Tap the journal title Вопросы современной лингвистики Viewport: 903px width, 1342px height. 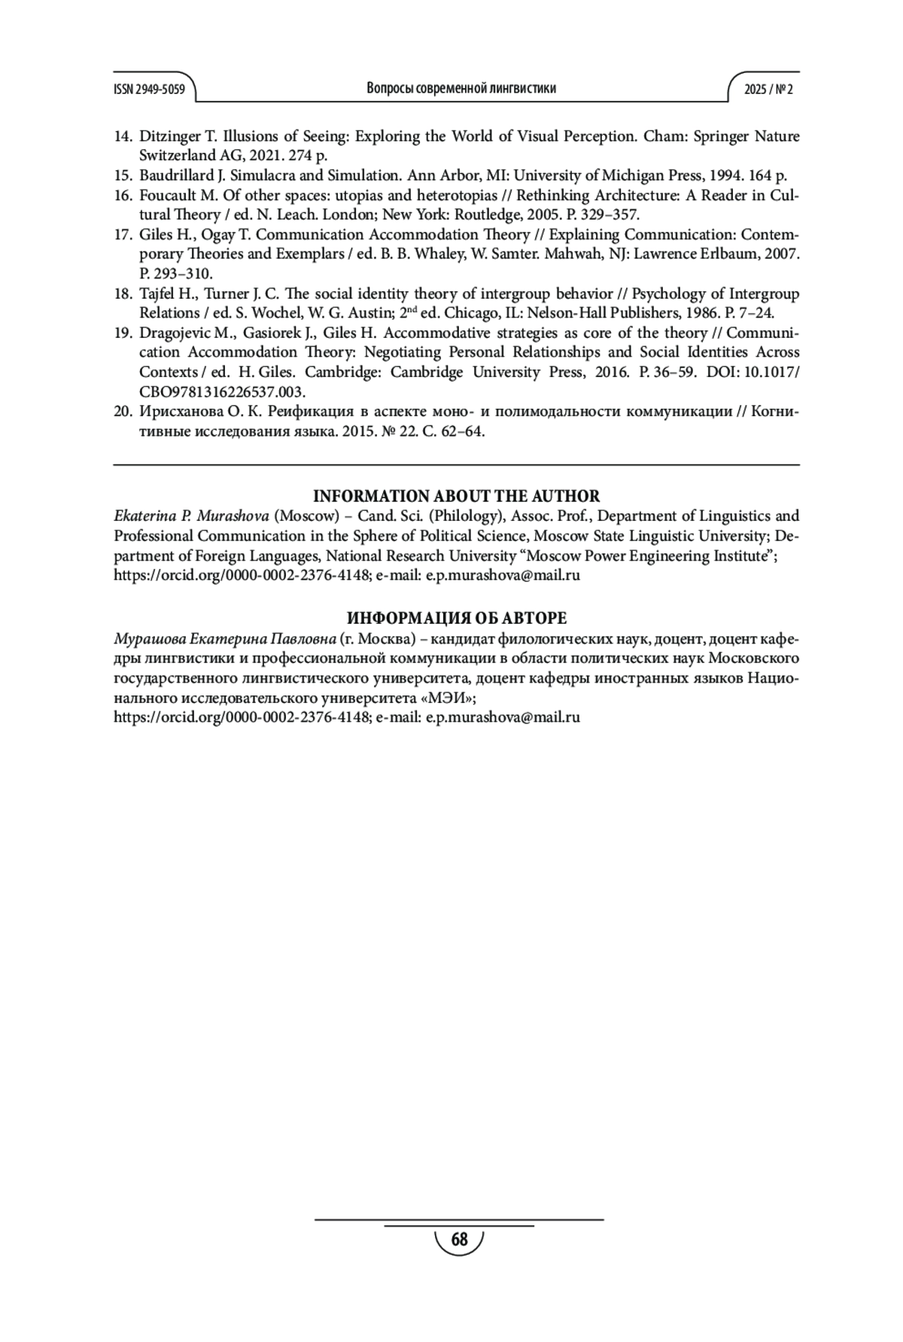coord(461,88)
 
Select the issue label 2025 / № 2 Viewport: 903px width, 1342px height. coord(768,89)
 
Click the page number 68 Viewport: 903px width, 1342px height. coord(459,1240)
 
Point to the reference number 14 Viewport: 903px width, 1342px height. coord(123,137)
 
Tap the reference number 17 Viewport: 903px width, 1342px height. coord(123,235)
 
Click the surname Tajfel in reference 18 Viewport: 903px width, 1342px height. coord(157,294)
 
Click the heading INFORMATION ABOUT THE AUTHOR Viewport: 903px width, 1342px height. coord(456,496)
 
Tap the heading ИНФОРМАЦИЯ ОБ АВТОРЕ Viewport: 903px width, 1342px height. coord(456,619)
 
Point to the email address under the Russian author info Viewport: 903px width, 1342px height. coord(503,717)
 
